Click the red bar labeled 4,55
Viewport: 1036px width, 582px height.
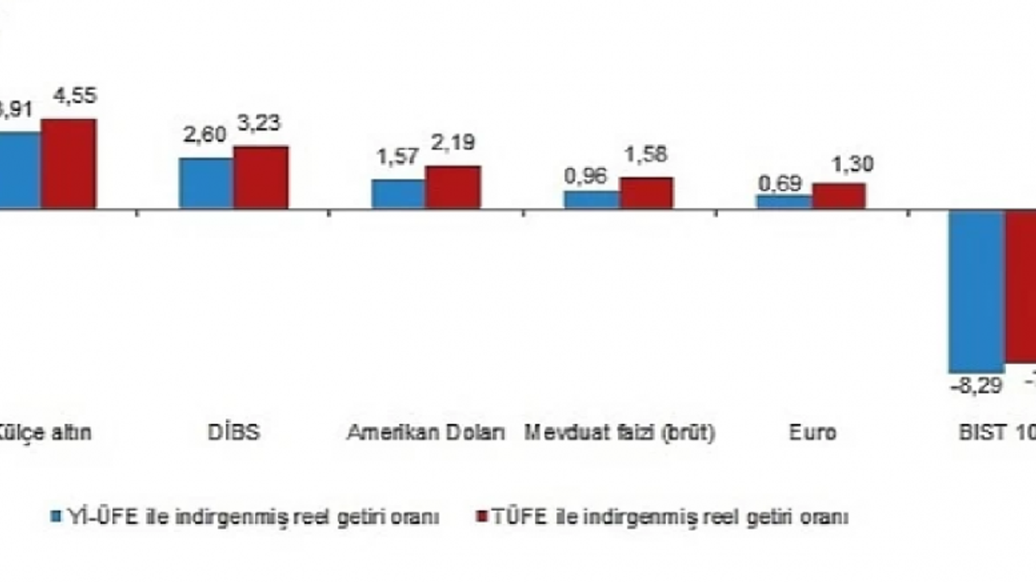click(x=69, y=164)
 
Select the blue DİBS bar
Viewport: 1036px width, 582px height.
click(x=206, y=183)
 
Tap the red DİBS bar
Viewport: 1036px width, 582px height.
click(x=261, y=178)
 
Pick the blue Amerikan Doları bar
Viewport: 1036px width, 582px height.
click(x=398, y=194)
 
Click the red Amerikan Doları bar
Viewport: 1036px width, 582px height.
click(x=453, y=188)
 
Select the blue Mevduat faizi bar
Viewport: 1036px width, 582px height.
click(x=592, y=200)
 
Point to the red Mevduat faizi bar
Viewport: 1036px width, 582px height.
click(x=646, y=193)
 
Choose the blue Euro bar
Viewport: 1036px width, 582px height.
click(x=784, y=202)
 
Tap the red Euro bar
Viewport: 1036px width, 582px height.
click(x=839, y=196)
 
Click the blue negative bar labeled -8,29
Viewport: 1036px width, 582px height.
click(x=976, y=291)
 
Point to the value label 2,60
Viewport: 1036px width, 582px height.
click(x=205, y=136)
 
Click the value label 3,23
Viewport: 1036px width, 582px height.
click(x=259, y=124)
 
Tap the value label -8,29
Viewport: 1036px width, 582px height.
click(x=976, y=386)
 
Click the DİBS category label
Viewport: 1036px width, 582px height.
click(x=233, y=432)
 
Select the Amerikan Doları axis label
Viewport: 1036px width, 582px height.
click(x=426, y=432)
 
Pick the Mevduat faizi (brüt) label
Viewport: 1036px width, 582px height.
click(x=619, y=432)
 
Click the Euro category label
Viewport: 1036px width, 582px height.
click(x=812, y=432)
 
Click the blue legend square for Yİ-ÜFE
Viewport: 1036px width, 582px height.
click(x=56, y=517)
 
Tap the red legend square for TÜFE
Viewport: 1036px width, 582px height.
click(x=481, y=517)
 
